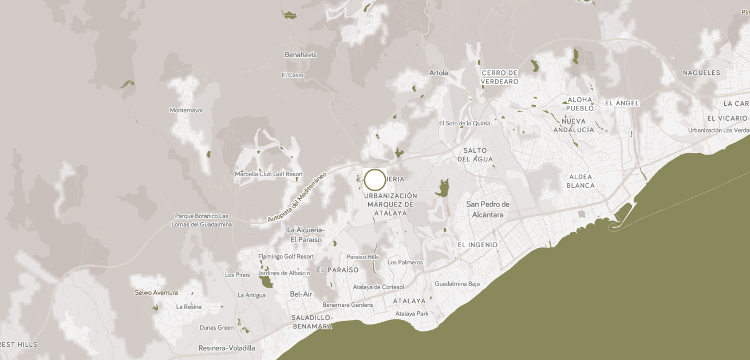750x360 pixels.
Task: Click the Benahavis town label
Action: [x=301, y=55]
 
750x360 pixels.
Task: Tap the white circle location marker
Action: [x=375, y=180]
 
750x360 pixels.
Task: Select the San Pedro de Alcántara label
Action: [x=488, y=209]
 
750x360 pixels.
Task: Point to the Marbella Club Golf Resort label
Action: [x=269, y=174]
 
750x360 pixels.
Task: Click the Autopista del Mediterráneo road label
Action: [x=297, y=197]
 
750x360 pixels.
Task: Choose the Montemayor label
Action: [x=187, y=110]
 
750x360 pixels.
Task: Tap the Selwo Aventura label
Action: [x=156, y=292]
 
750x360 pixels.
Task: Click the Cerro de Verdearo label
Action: [x=500, y=77]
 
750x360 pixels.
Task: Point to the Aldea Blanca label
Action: [x=581, y=181]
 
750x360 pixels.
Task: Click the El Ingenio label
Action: [x=477, y=245]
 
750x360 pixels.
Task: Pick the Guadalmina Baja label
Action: [x=457, y=284]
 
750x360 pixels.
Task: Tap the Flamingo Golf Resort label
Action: [x=286, y=256]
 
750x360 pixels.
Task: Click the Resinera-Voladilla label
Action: [x=227, y=348]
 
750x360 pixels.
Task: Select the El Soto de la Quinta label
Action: [x=464, y=123]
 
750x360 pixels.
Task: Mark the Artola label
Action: [x=439, y=73]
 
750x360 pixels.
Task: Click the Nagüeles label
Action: [x=701, y=73]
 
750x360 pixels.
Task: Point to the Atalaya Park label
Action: [x=412, y=314]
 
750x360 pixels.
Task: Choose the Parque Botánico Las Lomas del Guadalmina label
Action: [x=202, y=220]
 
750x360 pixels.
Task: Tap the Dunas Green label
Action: [x=216, y=328]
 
